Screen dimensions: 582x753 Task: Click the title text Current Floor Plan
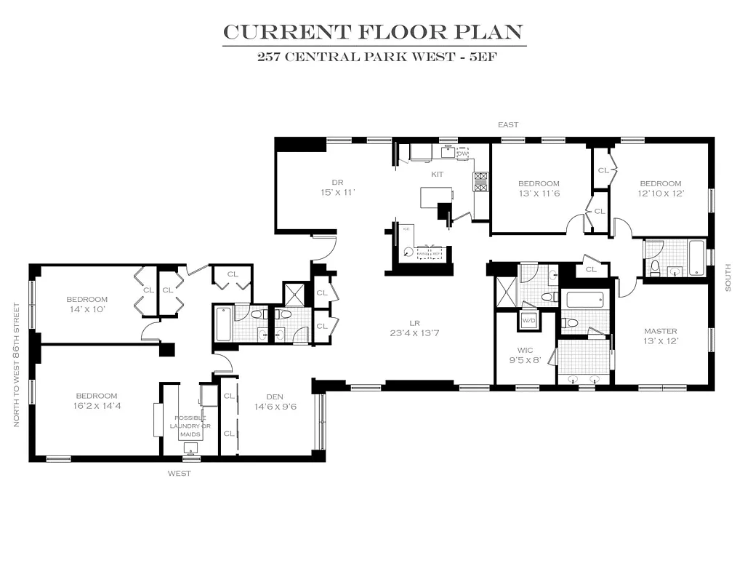tap(373, 32)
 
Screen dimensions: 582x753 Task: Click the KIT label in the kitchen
tap(438, 175)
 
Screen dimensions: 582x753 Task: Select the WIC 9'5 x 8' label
tap(525, 354)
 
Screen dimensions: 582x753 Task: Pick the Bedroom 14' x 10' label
tap(87, 303)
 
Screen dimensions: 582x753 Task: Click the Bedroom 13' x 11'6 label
tap(539, 188)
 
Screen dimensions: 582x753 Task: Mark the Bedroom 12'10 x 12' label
tap(661, 188)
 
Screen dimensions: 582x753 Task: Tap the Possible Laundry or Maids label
tap(190, 426)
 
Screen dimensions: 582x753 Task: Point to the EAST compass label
tap(508, 125)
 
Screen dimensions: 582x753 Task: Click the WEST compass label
tap(180, 474)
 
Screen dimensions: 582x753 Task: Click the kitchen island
tap(436, 197)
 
